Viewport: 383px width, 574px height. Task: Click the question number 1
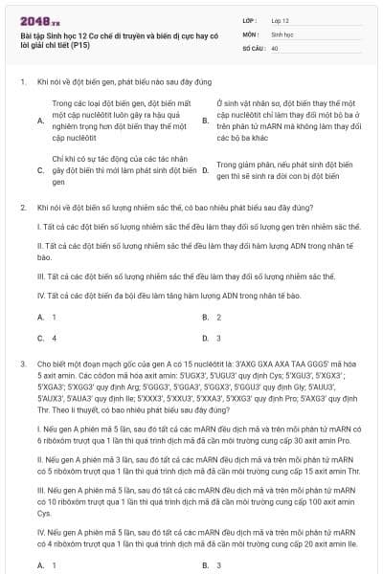point(21,83)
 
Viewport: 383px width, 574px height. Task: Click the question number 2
point(21,207)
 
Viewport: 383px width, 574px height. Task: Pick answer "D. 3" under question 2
point(212,338)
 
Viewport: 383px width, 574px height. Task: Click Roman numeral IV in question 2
point(41,297)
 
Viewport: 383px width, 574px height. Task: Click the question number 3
point(21,364)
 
